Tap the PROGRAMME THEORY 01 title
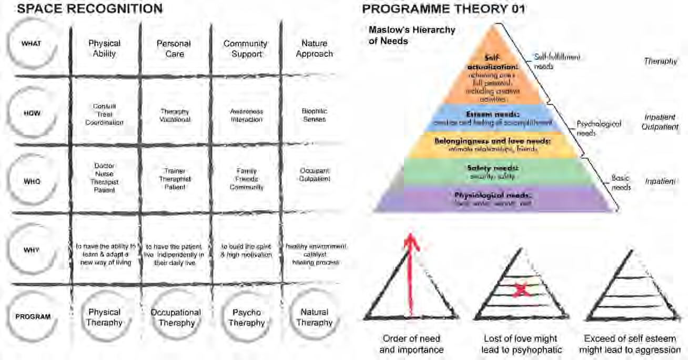pos(443,9)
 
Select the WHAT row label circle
pos(32,44)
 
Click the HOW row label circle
pos(32,113)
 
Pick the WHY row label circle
pos(32,249)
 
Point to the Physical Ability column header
pos(105,48)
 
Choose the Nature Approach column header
pos(315,48)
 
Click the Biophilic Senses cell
pos(315,115)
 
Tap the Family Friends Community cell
pos(246,179)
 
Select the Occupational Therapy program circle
pos(176,317)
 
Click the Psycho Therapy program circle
pos(246,317)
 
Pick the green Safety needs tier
pos(493,171)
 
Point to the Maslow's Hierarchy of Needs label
pos(411,35)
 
